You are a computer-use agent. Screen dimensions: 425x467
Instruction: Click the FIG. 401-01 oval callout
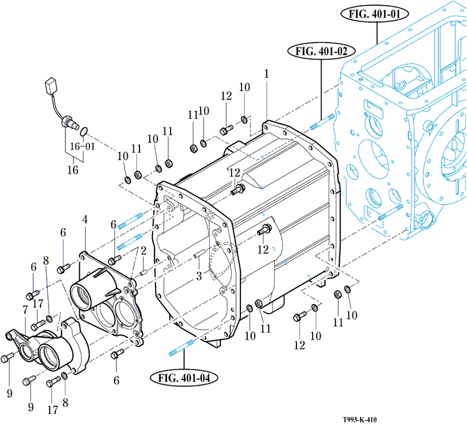[378, 14]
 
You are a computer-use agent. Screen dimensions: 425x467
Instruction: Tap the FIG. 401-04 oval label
[183, 376]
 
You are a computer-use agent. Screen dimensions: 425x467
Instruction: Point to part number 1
[267, 74]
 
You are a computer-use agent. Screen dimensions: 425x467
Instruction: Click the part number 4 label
[85, 219]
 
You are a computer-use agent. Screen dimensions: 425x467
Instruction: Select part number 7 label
[26, 310]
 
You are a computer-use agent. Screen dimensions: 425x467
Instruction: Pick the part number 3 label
[199, 275]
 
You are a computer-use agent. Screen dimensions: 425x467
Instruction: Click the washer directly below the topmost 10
[245, 118]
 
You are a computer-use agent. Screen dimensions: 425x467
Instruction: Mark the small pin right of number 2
[144, 272]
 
